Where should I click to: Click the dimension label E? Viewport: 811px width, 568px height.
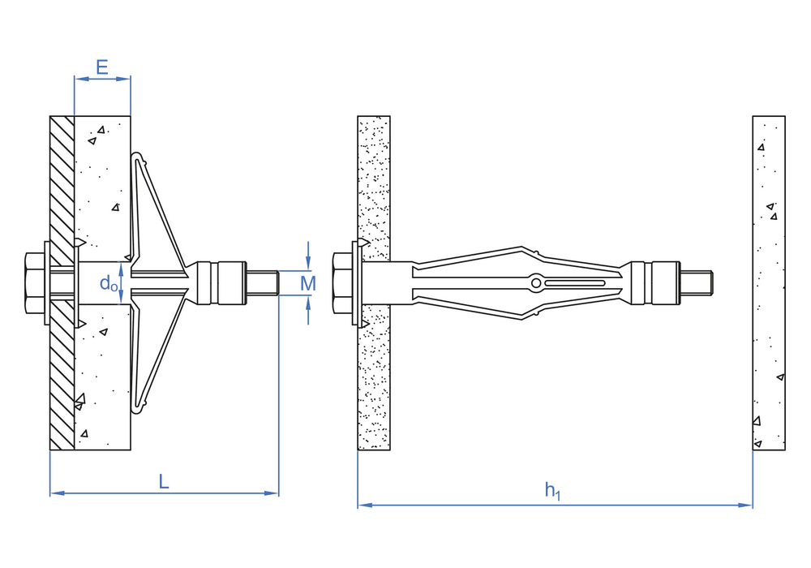(x=102, y=67)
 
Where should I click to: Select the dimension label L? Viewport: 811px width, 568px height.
(x=164, y=482)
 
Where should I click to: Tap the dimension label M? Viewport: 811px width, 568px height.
(x=308, y=283)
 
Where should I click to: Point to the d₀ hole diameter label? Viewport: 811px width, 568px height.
(x=108, y=283)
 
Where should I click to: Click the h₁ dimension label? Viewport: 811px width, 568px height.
(x=552, y=490)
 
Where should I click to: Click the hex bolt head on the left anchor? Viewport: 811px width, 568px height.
(x=35, y=283)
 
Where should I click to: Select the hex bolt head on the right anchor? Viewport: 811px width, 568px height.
(x=342, y=283)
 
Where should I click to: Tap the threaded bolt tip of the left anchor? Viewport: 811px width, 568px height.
(x=263, y=283)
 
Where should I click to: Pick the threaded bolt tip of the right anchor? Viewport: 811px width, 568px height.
(x=696, y=283)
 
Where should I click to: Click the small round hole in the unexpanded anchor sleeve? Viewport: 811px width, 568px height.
(x=536, y=283)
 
